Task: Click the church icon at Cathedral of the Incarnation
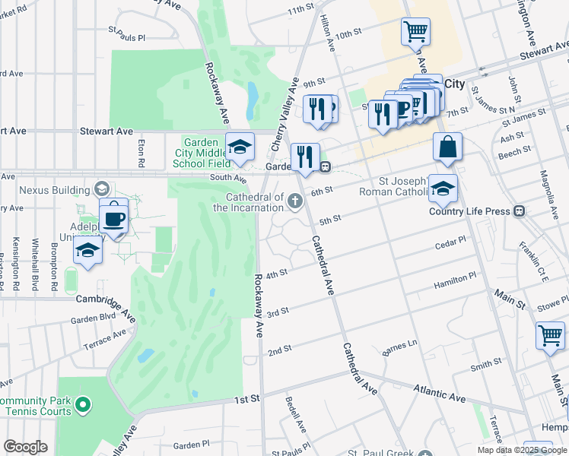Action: [x=295, y=201]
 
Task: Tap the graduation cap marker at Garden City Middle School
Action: [x=240, y=146]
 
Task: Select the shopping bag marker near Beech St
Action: [x=448, y=147]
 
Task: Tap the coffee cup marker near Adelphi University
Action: [x=114, y=218]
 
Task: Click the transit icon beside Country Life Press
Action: [x=520, y=211]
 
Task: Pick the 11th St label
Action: [x=301, y=9]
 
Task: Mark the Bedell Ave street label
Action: [x=295, y=415]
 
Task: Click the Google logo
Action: [x=25, y=447]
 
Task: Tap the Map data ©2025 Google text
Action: [x=521, y=450]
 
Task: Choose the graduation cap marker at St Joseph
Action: [x=442, y=190]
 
